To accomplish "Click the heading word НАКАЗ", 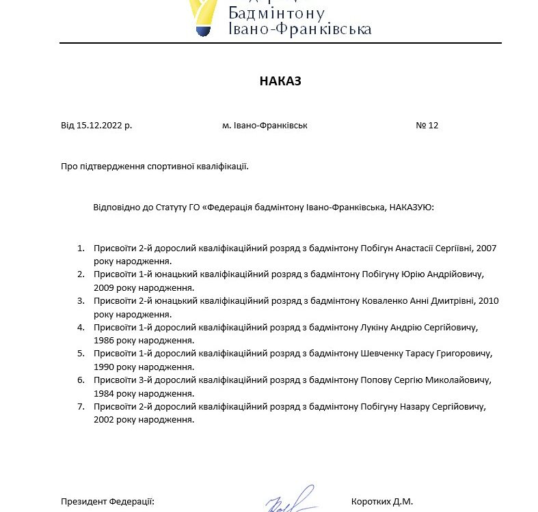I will tap(280, 81).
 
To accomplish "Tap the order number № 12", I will tap(427, 126).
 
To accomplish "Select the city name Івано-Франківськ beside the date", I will tap(271, 126).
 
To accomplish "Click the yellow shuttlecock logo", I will tap(203, 15).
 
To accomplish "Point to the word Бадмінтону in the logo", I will tap(277, 12).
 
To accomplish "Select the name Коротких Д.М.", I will tap(382, 502).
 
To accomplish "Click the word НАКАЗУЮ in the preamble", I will tap(411, 206).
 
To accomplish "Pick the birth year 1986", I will tap(106, 340).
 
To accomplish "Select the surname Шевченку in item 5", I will tap(382, 354).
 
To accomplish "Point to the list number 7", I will tap(80, 407).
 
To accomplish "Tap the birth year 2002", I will tap(106, 420).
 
